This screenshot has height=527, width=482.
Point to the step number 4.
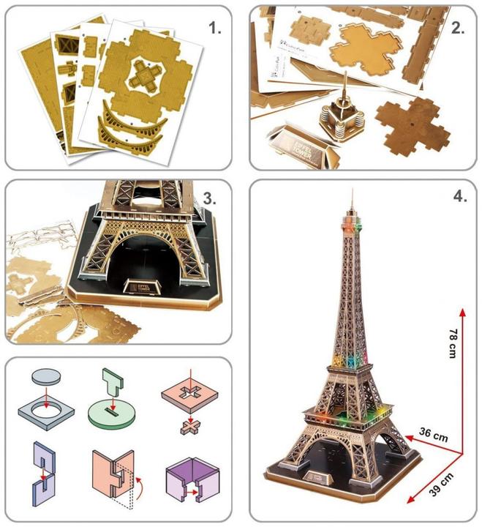(x=456, y=198)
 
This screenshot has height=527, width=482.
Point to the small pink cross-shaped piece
(x=187, y=427)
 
